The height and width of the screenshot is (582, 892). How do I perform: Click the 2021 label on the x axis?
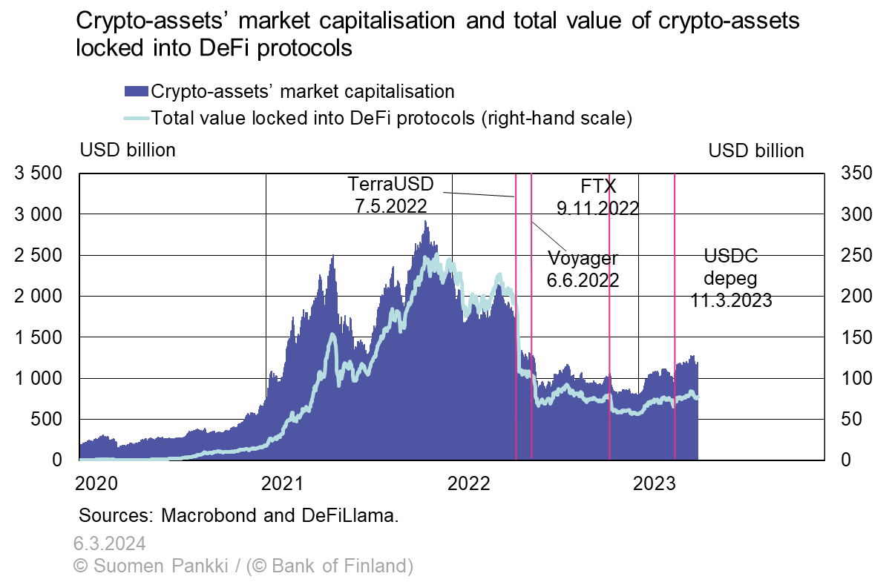(283, 483)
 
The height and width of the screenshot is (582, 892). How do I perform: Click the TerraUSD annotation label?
(390, 183)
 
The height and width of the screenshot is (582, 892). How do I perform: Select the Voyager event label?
(583, 259)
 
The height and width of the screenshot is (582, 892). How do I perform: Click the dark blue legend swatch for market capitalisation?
(136, 92)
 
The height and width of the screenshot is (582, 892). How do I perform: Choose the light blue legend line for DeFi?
(136, 117)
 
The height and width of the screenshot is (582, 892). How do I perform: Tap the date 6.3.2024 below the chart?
(109, 544)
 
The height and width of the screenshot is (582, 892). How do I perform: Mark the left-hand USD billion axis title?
(127, 151)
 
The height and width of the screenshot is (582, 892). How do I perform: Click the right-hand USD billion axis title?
(755, 151)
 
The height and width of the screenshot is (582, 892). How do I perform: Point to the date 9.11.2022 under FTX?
(597, 208)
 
